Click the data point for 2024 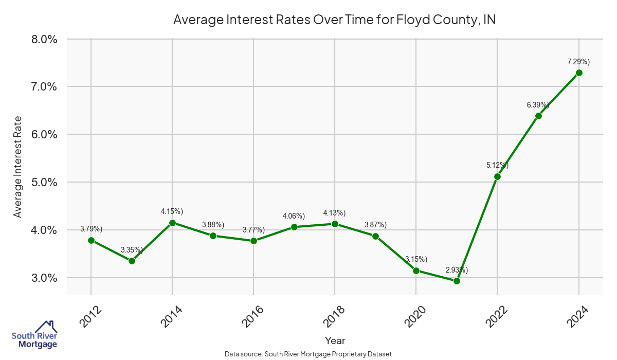[x=579, y=73]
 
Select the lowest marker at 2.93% [x=457, y=281]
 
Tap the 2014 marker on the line [x=172, y=223]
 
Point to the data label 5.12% [x=497, y=165]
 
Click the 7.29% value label [x=578, y=62]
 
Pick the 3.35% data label [x=132, y=250]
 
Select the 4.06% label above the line [x=294, y=215]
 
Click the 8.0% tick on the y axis [x=42, y=39]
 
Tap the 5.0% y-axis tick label [x=42, y=182]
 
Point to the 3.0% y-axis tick [x=42, y=278]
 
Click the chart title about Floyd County [x=334, y=20]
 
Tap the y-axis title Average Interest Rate [x=18, y=167]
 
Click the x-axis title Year [x=335, y=340]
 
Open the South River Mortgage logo [x=34, y=335]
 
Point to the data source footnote [x=308, y=354]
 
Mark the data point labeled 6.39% [x=538, y=116]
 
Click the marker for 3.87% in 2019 [x=375, y=236]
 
